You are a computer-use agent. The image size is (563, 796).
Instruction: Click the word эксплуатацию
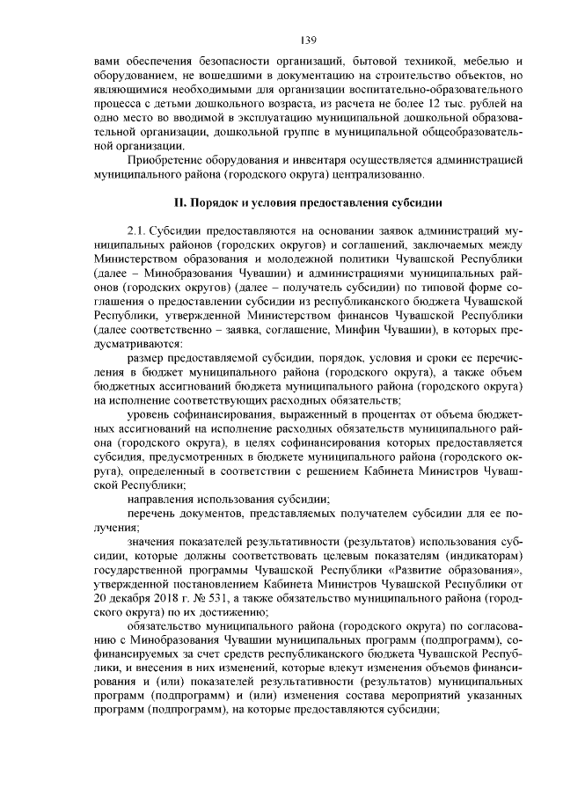(x=254, y=118)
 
